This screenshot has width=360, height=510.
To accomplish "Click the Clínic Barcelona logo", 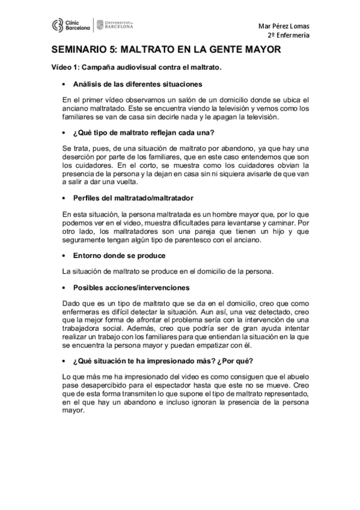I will pyautogui.click(x=71, y=25).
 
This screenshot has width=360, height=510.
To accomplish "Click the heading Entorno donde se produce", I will pyautogui.click(x=115, y=256).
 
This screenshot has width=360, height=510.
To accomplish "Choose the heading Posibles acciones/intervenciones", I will pyautogui.click(x=131, y=287).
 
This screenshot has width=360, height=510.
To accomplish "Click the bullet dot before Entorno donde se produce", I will pyautogui.click(x=64, y=256).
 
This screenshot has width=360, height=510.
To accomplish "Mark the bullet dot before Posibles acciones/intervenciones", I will pyautogui.click(x=64, y=288).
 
